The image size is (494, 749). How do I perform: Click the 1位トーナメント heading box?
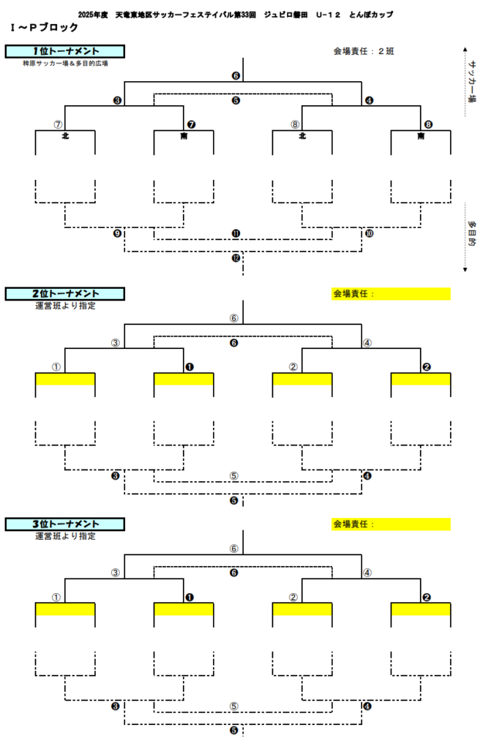(x=65, y=51)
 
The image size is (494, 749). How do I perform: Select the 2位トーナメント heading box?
(x=65, y=294)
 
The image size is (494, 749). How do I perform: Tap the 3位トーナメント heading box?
(x=65, y=524)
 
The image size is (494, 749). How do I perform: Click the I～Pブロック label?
(x=45, y=27)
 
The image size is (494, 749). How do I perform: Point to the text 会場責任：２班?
(x=364, y=51)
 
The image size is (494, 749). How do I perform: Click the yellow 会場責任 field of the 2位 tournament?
(x=392, y=294)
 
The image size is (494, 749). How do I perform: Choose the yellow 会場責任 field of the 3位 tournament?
(x=392, y=524)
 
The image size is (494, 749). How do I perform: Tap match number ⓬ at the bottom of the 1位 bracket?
(x=236, y=257)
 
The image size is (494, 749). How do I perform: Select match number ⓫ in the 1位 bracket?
(x=236, y=234)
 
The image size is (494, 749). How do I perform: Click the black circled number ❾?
(x=117, y=234)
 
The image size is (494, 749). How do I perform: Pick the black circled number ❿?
(x=369, y=234)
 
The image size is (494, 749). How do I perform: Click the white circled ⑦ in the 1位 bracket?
(x=59, y=124)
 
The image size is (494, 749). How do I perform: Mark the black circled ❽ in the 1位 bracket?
(x=428, y=124)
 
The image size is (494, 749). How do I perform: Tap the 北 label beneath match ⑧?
(x=302, y=136)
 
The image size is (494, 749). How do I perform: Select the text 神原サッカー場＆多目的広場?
(x=65, y=64)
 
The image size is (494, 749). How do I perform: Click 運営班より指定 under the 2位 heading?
(x=65, y=306)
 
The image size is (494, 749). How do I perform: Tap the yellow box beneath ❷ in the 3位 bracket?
(x=421, y=609)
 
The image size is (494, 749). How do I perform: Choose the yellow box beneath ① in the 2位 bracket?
(x=65, y=379)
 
